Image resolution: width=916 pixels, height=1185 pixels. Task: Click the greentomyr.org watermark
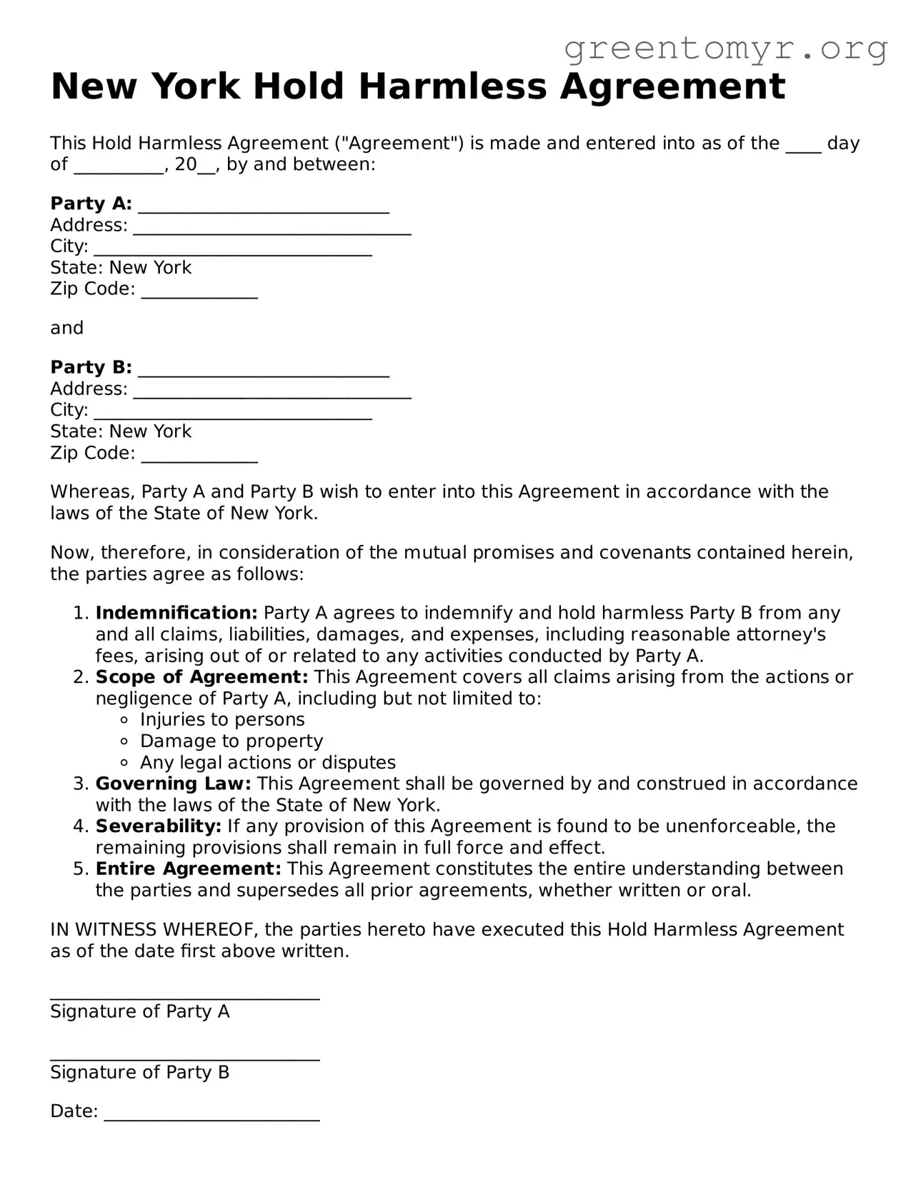coord(725,49)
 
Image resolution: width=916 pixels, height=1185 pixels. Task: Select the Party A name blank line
coord(263,206)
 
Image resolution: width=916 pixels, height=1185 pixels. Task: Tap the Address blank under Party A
coord(272,227)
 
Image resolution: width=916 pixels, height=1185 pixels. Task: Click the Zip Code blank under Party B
coord(199,455)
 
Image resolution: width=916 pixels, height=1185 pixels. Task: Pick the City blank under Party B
coord(233,412)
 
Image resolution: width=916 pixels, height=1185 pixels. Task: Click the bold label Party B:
coord(91,367)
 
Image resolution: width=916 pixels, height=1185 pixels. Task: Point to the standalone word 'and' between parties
coord(66,328)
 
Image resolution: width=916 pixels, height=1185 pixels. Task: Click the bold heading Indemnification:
coord(176,613)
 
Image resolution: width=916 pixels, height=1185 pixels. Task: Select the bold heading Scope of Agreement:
coord(201,676)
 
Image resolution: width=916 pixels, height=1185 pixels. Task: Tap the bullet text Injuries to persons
coord(222,719)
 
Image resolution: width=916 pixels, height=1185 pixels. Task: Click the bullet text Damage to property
coord(232,741)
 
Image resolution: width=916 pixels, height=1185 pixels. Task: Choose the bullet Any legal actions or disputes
coord(267,762)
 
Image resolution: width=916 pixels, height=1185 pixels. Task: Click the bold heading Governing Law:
coord(173,784)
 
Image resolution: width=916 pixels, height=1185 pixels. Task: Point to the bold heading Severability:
coord(159,826)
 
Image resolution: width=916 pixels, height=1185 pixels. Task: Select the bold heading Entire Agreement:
coord(189,869)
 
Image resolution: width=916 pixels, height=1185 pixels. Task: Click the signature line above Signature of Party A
coord(184,995)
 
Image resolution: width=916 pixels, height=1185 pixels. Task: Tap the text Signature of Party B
coord(140,1072)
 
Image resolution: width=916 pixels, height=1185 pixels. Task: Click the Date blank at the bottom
coord(211,1114)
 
